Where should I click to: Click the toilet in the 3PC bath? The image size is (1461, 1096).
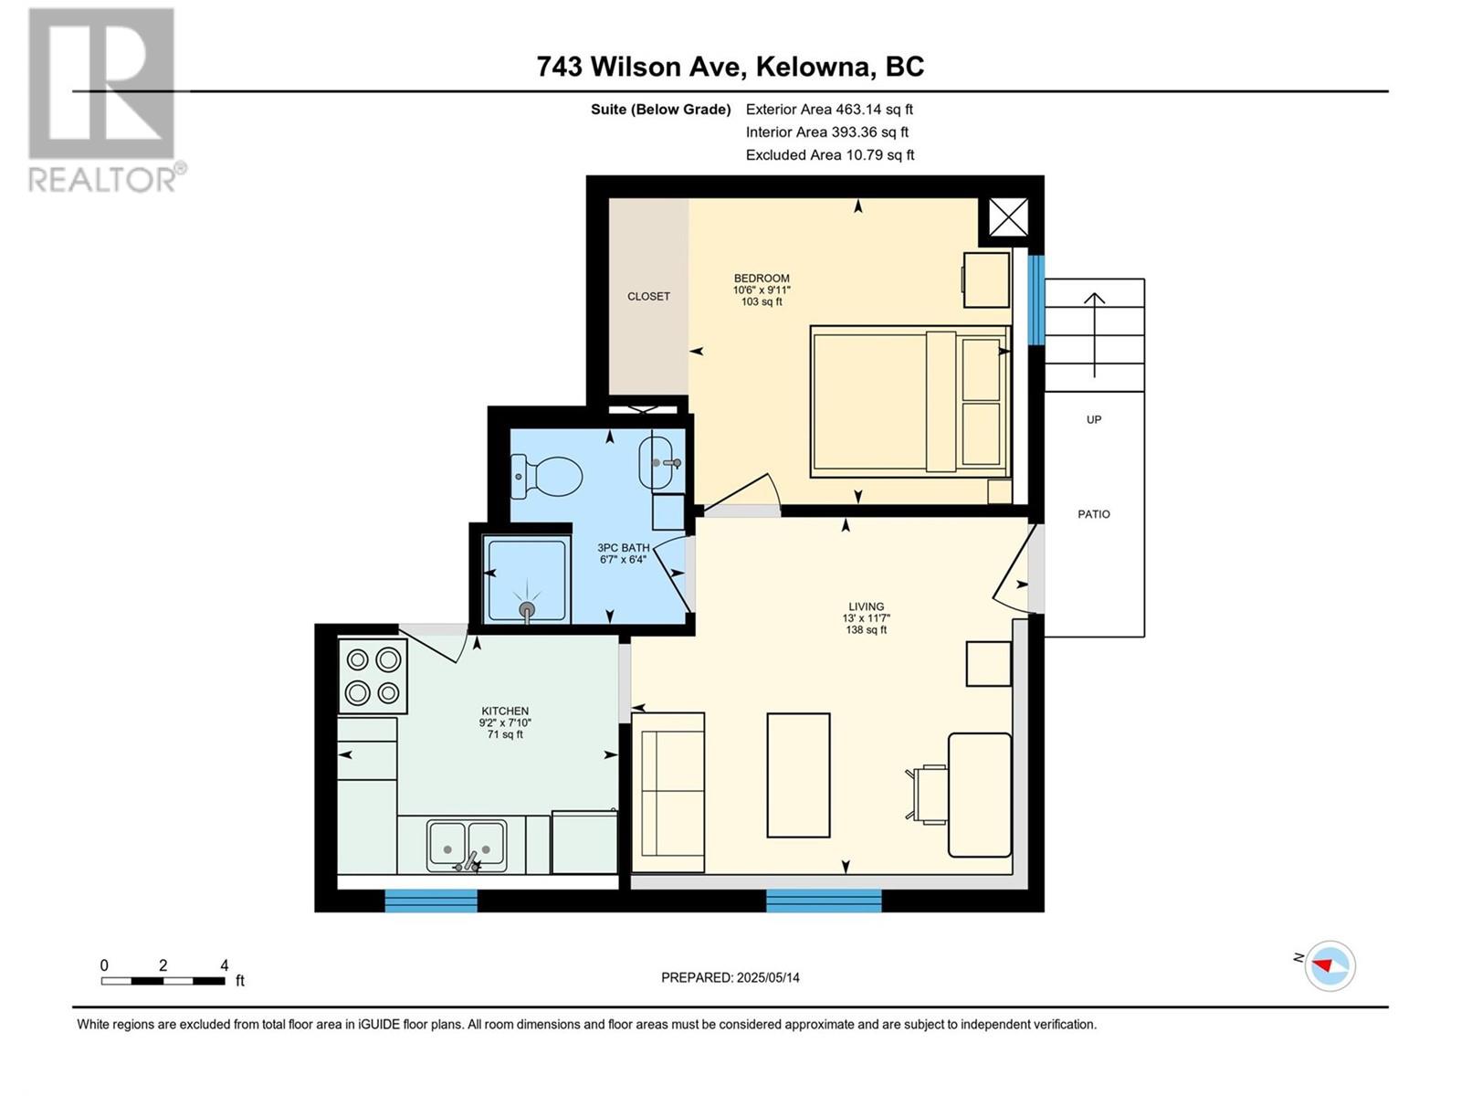(546, 476)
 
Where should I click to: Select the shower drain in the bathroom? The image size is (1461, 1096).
(527, 609)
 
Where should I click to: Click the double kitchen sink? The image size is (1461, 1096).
(467, 846)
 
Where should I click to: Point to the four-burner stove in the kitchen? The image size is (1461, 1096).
(373, 676)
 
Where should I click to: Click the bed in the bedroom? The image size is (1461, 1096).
(910, 401)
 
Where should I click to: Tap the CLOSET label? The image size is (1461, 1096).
(648, 296)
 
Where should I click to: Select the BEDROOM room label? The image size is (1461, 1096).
(762, 279)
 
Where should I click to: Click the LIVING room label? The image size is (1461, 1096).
(866, 606)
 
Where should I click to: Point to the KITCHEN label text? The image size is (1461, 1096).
(505, 711)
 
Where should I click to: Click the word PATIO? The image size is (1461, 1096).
(1094, 513)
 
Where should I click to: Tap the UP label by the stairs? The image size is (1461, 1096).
(1094, 419)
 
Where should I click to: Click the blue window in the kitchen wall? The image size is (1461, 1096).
(431, 901)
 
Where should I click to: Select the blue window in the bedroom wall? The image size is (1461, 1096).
(1036, 300)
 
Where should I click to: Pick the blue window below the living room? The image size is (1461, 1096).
(824, 901)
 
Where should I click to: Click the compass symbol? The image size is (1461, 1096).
(1330, 965)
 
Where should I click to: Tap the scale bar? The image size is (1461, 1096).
(163, 980)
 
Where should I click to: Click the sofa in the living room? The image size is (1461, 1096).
(668, 792)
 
